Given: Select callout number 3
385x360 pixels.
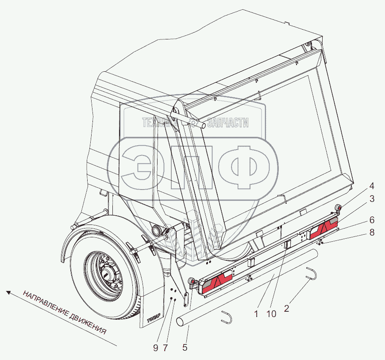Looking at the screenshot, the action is tap(372, 199).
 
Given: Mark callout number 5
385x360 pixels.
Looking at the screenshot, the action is tap(185, 348).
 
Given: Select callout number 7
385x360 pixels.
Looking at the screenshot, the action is tap(165, 348).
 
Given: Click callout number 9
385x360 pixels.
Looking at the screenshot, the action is tap(155, 348).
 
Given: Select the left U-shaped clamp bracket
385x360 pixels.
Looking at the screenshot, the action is tap(227, 317).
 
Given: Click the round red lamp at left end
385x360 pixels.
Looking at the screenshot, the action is tap(192, 282).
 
